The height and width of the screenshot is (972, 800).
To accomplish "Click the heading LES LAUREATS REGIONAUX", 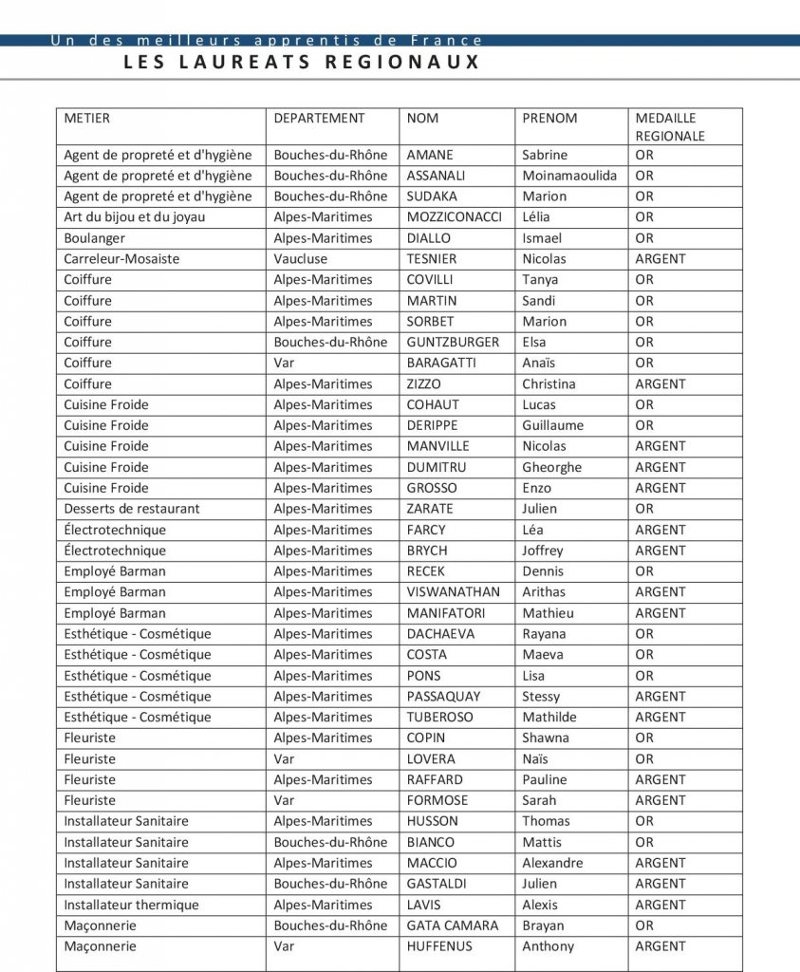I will [x=302, y=63].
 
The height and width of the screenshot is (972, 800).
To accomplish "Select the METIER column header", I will [x=86, y=119].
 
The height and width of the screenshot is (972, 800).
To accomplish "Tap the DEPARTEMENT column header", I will [x=319, y=119].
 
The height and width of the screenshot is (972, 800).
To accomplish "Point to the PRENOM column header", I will [x=549, y=119].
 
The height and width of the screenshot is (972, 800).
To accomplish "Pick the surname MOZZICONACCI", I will [x=454, y=217].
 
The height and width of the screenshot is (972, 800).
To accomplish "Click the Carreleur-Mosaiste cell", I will [x=121, y=259].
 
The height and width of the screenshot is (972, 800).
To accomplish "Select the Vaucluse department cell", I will [x=301, y=259].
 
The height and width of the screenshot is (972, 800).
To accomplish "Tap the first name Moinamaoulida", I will [x=569, y=176].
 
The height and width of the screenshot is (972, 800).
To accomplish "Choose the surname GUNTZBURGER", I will [x=453, y=343].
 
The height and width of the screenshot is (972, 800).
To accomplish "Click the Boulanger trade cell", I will [x=94, y=238].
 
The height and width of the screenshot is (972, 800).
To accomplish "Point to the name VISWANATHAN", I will [x=453, y=592].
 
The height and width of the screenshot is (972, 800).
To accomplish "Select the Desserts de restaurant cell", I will [x=132, y=509].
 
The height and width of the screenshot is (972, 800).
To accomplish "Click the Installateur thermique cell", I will [x=131, y=905].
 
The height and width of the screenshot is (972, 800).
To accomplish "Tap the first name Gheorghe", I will [x=551, y=467].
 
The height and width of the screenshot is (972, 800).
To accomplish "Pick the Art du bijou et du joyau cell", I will [x=135, y=217].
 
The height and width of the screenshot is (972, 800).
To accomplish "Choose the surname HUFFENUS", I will [x=439, y=946].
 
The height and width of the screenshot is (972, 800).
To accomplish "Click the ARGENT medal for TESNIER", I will [x=660, y=259].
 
